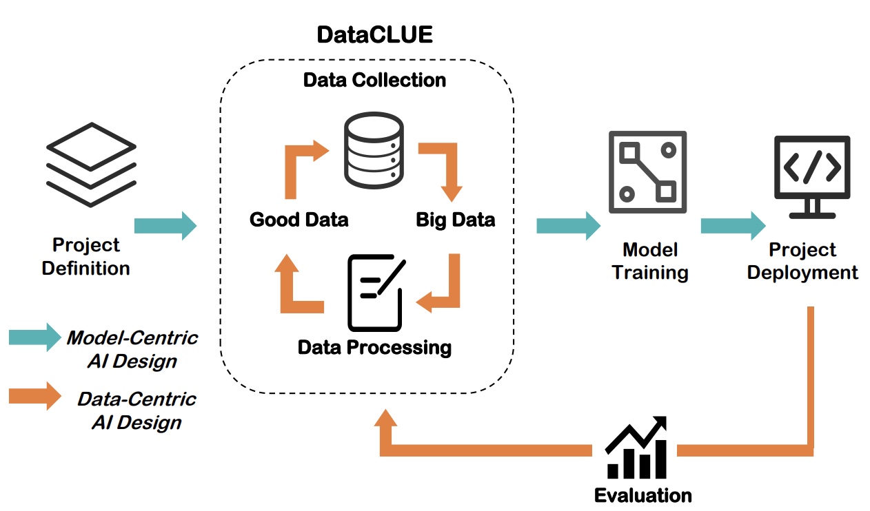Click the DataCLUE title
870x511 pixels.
(374, 34)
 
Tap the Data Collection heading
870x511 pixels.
(374, 80)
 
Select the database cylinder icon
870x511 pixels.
(373, 152)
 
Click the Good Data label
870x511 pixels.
(299, 220)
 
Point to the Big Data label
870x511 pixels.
(455, 220)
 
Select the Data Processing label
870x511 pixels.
(374, 346)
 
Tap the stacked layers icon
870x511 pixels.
(90, 165)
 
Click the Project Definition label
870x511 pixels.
(86, 256)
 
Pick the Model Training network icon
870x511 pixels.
(647, 171)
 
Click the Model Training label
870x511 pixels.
(650, 261)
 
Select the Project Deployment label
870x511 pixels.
(802, 261)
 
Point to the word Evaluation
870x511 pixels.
(643, 494)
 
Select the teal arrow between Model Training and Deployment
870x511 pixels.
(733, 226)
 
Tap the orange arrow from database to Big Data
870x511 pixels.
(445, 165)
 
